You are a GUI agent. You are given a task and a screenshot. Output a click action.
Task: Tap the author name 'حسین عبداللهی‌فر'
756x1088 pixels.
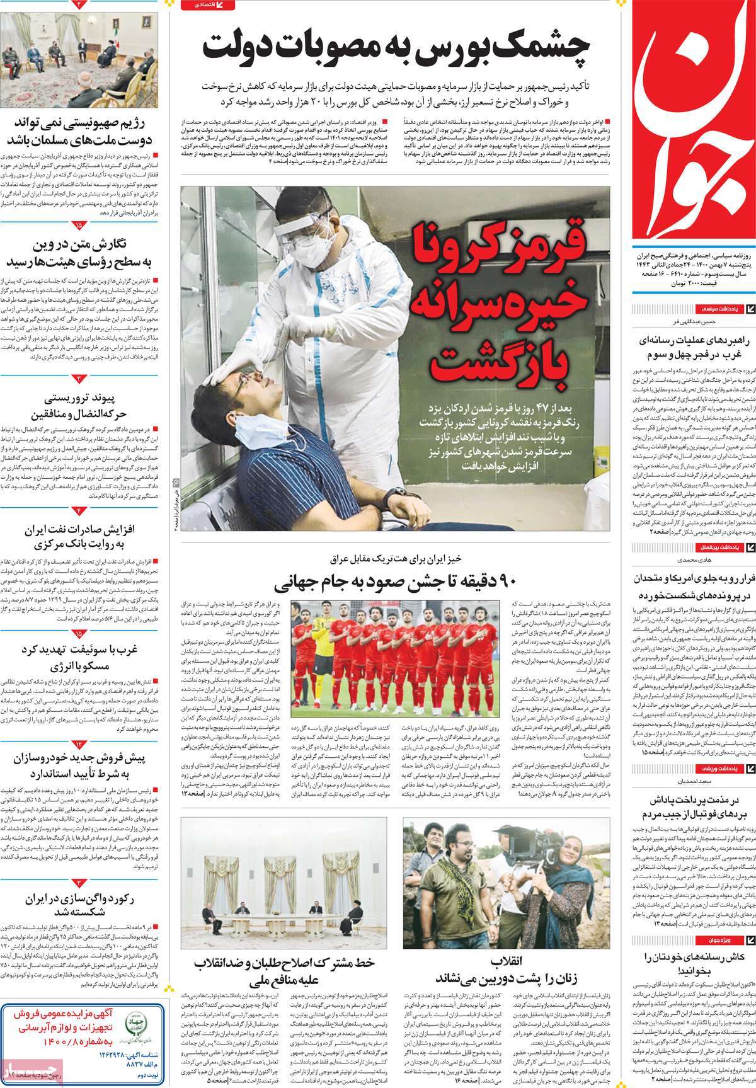point(693,322)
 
